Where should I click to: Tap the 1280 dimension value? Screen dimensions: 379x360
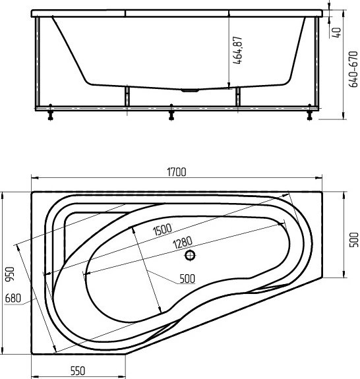pos(183,242)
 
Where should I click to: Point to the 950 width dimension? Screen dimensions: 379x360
pos(9,273)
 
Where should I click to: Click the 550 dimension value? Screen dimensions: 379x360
pos(78,370)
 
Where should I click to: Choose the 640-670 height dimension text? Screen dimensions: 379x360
pos(355,71)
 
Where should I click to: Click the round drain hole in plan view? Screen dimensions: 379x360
pos(191,254)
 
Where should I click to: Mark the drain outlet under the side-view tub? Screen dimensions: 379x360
pos(189,90)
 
